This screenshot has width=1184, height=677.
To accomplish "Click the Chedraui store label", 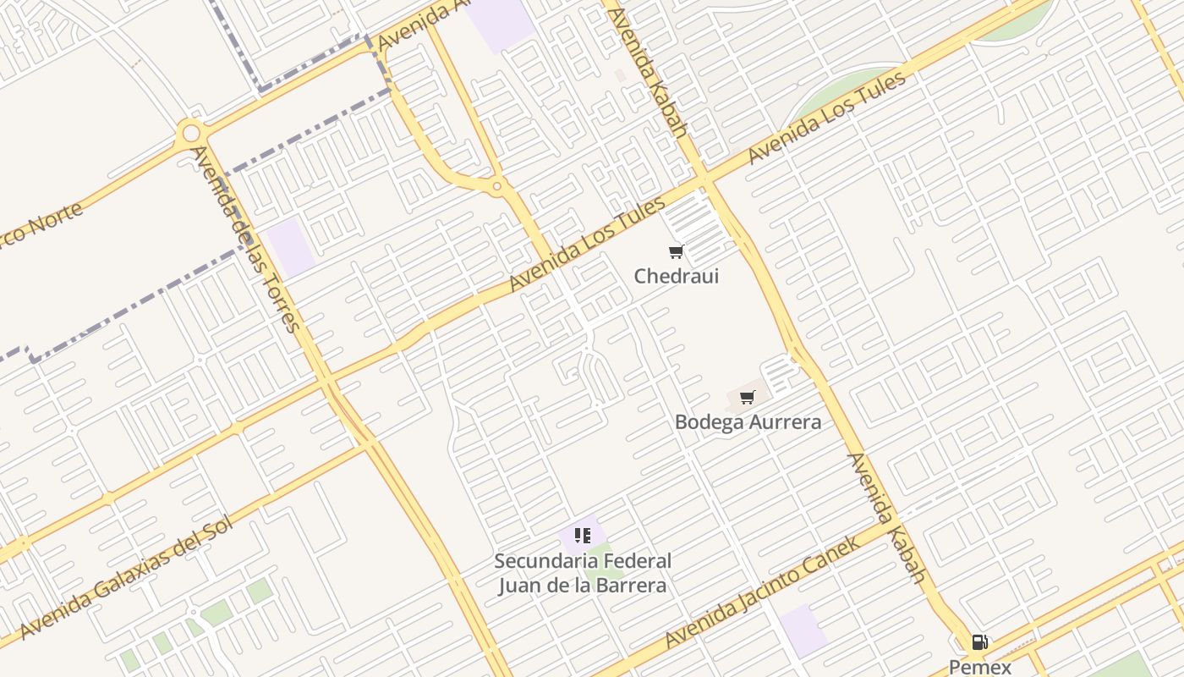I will [676, 276].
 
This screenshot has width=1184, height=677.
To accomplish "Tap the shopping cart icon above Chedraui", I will [676, 251].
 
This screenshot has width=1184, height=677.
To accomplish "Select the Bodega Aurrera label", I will [748, 421].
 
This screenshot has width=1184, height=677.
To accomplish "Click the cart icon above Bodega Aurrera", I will [747, 397].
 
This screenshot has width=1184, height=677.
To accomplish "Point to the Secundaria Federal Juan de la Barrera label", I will [582, 573].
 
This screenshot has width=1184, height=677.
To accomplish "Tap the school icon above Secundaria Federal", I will [582, 535].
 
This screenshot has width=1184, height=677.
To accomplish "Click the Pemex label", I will [979, 667].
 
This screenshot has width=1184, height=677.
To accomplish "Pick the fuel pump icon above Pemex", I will [979, 642].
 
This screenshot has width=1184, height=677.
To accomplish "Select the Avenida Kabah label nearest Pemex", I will [886, 518].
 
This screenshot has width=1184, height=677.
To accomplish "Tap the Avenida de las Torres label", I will [245, 239].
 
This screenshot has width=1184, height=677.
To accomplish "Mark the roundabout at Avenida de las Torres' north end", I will [190, 133].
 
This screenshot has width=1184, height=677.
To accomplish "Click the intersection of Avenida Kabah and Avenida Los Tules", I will [702, 181].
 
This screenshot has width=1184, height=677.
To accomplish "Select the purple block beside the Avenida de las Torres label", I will [291, 246].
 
